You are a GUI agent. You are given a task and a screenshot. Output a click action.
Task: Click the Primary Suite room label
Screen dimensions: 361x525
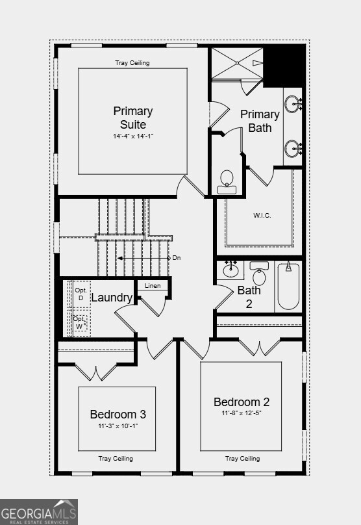click(133, 118)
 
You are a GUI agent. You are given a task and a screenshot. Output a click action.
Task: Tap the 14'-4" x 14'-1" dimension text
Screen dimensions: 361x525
click(133, 136)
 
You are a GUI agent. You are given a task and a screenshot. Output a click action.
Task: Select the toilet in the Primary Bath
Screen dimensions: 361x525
click(227, 182)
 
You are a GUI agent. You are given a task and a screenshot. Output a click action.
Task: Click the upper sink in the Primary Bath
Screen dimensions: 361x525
click(293, 103)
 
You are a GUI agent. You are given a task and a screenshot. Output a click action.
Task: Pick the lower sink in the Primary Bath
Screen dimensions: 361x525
click(293, 148)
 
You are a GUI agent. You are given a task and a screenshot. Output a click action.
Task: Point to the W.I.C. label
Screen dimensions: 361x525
click(262, 215)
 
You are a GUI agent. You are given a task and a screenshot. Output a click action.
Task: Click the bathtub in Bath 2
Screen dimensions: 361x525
click(288, 287)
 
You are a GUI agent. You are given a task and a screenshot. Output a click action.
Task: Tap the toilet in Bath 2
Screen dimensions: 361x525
click(259, 273)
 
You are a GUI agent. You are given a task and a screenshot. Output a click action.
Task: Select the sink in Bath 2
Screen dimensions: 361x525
click(230, 270)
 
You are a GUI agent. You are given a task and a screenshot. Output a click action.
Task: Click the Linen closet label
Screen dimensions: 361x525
click(153, 286)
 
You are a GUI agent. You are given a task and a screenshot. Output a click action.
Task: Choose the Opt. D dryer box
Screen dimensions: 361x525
click(81, 294)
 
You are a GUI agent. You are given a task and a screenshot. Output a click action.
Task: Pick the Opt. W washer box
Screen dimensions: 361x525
click(81, 322)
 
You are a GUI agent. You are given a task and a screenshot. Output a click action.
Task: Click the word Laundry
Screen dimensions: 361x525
click(112, 298)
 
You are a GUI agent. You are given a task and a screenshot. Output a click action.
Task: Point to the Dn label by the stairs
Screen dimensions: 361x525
click(177, 258)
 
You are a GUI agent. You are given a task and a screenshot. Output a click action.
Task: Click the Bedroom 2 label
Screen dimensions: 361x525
click(242, 402)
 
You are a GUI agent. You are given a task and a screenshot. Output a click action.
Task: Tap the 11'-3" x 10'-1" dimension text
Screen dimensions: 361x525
click(118, 426)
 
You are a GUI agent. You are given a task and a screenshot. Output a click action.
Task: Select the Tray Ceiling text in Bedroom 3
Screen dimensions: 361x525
click(116, 458)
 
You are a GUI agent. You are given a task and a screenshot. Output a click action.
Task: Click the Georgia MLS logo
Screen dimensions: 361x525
click(39, 512)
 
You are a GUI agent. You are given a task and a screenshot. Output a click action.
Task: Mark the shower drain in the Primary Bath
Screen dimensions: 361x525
click(237, 62)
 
